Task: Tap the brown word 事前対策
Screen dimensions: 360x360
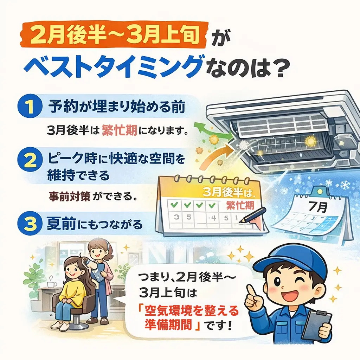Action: coord(69,196)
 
